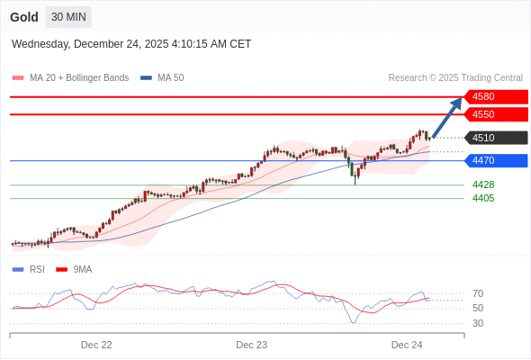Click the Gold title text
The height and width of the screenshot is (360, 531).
24,17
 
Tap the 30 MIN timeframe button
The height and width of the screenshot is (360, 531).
68,17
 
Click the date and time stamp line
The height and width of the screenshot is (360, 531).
131,44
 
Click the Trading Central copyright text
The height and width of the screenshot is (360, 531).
455,78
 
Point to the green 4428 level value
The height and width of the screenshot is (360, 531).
483,184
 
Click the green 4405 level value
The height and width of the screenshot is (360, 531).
483,198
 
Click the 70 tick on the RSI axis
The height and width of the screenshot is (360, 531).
478,293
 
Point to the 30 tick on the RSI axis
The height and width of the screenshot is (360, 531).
478,323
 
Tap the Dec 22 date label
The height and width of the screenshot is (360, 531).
96,345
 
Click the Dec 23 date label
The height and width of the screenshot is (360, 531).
252,345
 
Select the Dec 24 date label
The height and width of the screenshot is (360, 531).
407,345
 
